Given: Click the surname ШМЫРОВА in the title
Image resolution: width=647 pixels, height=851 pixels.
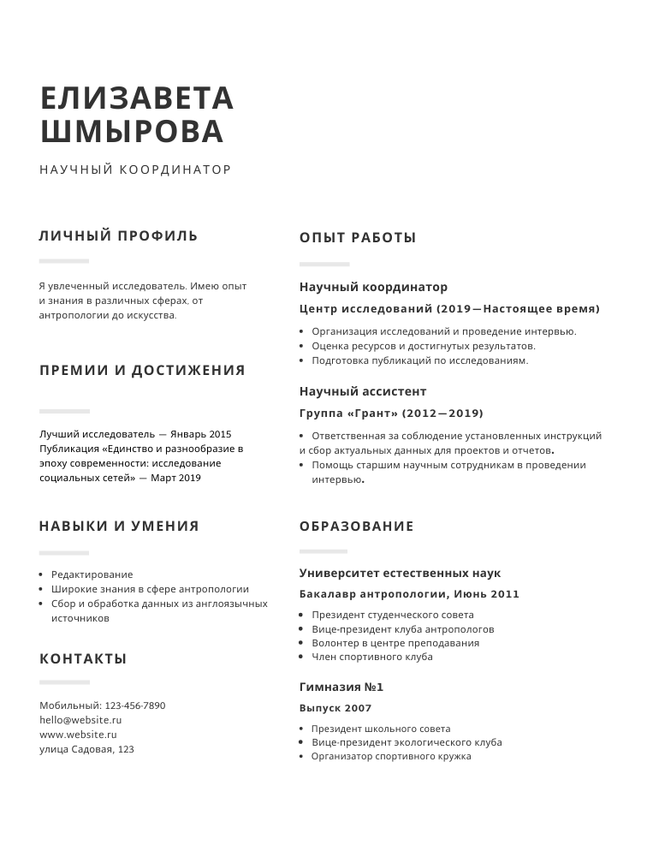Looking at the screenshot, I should [132, 132].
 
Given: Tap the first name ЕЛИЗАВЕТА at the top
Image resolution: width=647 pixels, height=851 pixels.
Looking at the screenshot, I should [137, 98].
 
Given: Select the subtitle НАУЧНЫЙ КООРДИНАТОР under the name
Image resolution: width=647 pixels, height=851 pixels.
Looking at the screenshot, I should [135, 170].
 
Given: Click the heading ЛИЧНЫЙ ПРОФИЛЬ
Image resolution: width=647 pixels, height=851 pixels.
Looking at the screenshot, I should [118, 235].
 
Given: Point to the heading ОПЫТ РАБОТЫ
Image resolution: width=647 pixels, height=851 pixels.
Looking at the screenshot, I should [358, 238].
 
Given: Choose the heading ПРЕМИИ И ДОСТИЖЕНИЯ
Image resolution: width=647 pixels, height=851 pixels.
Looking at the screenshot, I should [142, 370].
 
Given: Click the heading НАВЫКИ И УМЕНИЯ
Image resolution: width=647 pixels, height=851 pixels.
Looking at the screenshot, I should [119, 526].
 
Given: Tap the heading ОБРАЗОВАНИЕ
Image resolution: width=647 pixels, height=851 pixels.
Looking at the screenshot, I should [356, 527].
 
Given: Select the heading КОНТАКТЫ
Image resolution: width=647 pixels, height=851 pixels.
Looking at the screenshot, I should [83, 658].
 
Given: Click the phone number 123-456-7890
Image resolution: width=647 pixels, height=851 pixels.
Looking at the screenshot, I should [135, 705].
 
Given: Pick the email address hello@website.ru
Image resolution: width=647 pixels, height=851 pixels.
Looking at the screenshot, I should [80, 720].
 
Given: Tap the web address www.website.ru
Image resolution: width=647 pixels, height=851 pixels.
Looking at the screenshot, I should [78, 735].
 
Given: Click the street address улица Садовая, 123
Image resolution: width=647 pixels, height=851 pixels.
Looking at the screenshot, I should [86, 749].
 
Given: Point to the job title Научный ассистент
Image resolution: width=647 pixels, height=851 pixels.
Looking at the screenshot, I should [363, 391].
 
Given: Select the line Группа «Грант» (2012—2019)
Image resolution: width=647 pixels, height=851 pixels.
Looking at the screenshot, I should [391, 413].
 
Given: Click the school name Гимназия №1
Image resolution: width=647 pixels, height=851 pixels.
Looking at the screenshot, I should [341, 687].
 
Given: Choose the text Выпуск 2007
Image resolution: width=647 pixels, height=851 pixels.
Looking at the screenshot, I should [335, 708].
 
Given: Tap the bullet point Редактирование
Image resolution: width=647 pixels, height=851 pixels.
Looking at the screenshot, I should [92, 574].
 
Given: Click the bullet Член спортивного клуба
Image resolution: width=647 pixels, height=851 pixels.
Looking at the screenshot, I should [371, 657].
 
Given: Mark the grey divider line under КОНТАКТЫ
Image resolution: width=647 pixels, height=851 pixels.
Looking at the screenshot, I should [64, 682].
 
